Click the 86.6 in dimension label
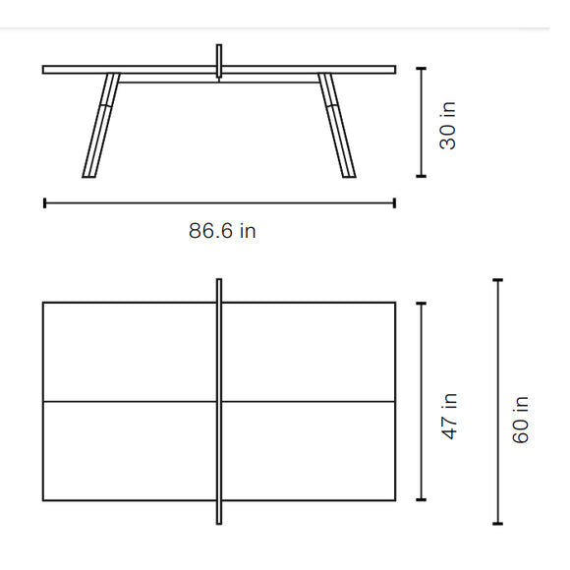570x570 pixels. (x=222, y=231)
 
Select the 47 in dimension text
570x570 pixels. (x=448, y=416)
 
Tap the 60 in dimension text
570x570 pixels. (x=521, y=418)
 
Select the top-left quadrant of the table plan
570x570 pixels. (x=129, y=351)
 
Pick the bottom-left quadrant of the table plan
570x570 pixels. (x=129, y=451)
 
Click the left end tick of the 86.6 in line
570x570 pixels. (x=44, y=203)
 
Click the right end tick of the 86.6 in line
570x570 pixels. (x=395, y=203)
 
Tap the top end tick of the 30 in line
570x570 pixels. (x=422, y=68)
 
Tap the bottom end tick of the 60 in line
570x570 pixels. (x=497, y=523)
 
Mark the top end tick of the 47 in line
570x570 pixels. (x=422, y=303)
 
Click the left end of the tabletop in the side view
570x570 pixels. (x=45, y=69)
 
